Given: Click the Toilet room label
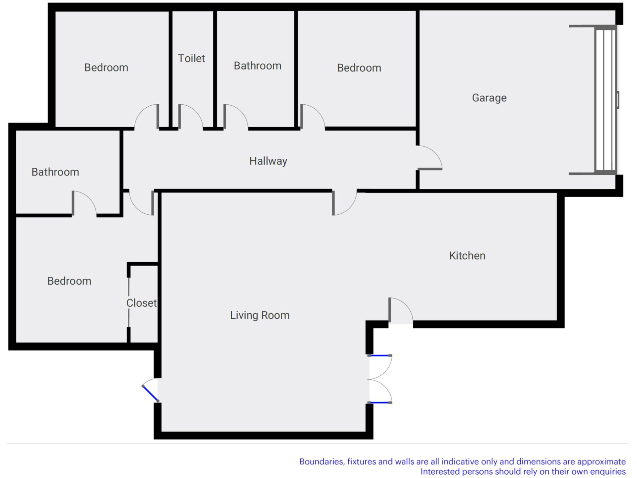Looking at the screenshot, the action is coord(191,58).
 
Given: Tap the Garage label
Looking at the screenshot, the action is coord(489,98).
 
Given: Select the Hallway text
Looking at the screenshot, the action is coord(268,161).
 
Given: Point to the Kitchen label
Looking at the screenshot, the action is coord(467,256).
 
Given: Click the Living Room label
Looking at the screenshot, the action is coord(260,315).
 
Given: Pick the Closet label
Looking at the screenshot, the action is coord(141,303).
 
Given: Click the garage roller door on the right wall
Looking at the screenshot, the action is coord(606,100).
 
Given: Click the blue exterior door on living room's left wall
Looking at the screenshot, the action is coord(150,393).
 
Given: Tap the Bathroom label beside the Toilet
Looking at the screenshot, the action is coord(257,66).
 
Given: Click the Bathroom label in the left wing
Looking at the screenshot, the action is coord(55,172).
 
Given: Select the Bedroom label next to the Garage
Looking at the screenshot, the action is coord(359,68).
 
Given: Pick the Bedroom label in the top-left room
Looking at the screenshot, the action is coord(106,68).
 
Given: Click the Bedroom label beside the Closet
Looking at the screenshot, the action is coord(69,281).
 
